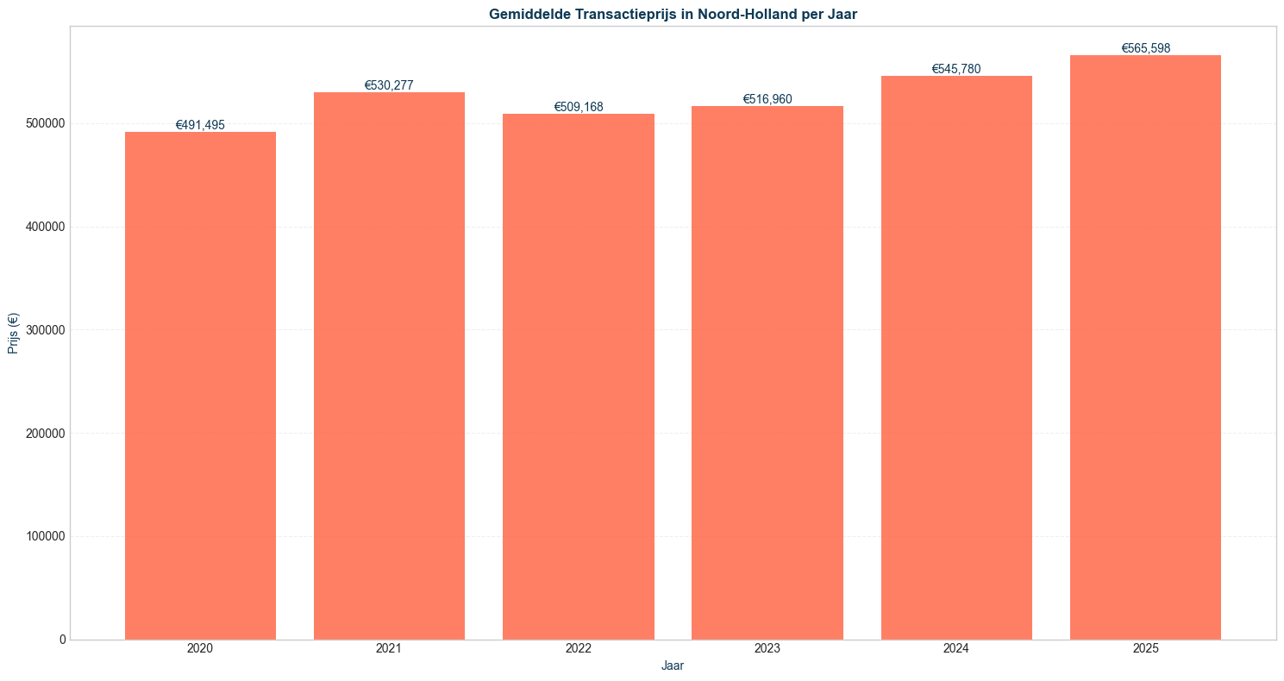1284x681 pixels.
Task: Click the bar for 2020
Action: [200, 385]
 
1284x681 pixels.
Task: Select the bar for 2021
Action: [389, 365]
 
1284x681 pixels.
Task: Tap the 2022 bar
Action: [578, 377]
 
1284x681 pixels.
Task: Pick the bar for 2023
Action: [767, 372]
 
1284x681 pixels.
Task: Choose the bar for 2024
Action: [956, 358]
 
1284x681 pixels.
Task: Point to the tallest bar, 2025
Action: [1145, 347]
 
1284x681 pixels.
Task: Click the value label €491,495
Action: [200, 125]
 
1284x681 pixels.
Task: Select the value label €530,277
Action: [389, 85]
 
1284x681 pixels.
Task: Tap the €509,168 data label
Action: [578, 107]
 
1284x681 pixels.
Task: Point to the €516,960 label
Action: [767, 99]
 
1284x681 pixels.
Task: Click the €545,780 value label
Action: [956, 69]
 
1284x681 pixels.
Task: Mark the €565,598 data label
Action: [1145, 48]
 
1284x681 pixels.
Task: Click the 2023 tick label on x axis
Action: [767, 648]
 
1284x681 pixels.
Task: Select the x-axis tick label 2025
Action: [1145, 648]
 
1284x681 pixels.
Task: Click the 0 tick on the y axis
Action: [62, 640]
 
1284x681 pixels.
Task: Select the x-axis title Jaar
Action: [673, 665]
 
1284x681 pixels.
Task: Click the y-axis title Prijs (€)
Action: [13, 333]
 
